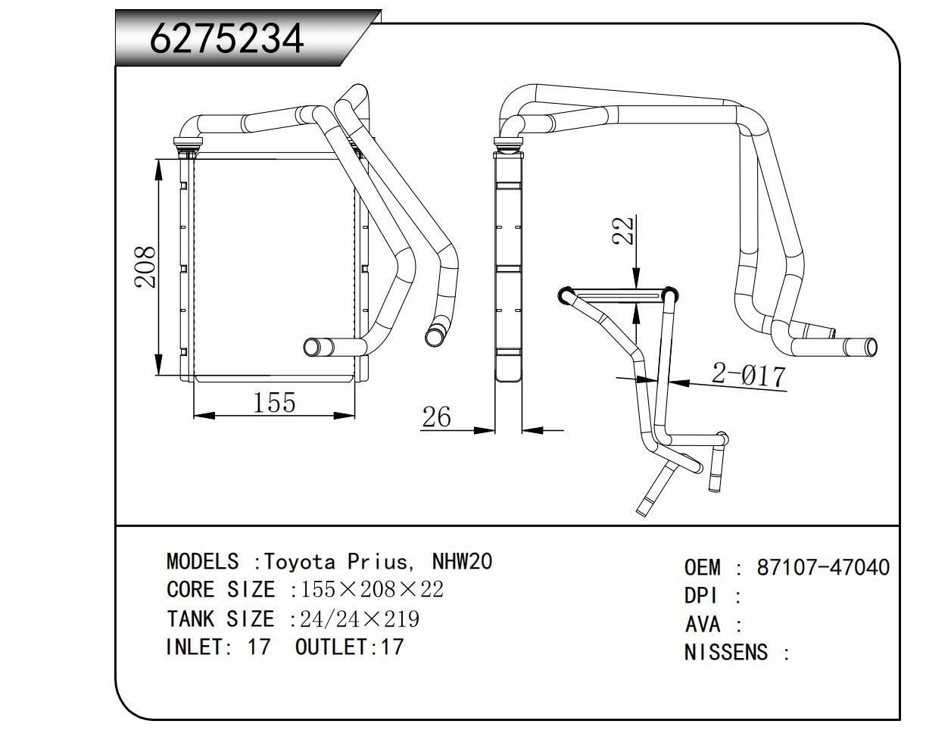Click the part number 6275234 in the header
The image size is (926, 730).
(227, 39)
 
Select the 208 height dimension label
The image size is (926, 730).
(145, 267)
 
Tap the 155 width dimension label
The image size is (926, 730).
(274, 402)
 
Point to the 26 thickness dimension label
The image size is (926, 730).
(436, 417)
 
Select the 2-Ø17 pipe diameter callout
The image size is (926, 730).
(748, 375)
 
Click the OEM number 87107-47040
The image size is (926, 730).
(823, 567)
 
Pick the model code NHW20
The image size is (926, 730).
(461, 562)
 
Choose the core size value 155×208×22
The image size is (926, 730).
(372, 590)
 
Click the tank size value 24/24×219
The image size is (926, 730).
(360, 619)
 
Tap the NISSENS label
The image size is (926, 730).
(726, 652)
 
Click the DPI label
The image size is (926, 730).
(700, 595)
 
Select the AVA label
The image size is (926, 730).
(702, 625)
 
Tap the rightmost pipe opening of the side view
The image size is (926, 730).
(871, 347)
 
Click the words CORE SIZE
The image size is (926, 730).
(220, 590)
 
